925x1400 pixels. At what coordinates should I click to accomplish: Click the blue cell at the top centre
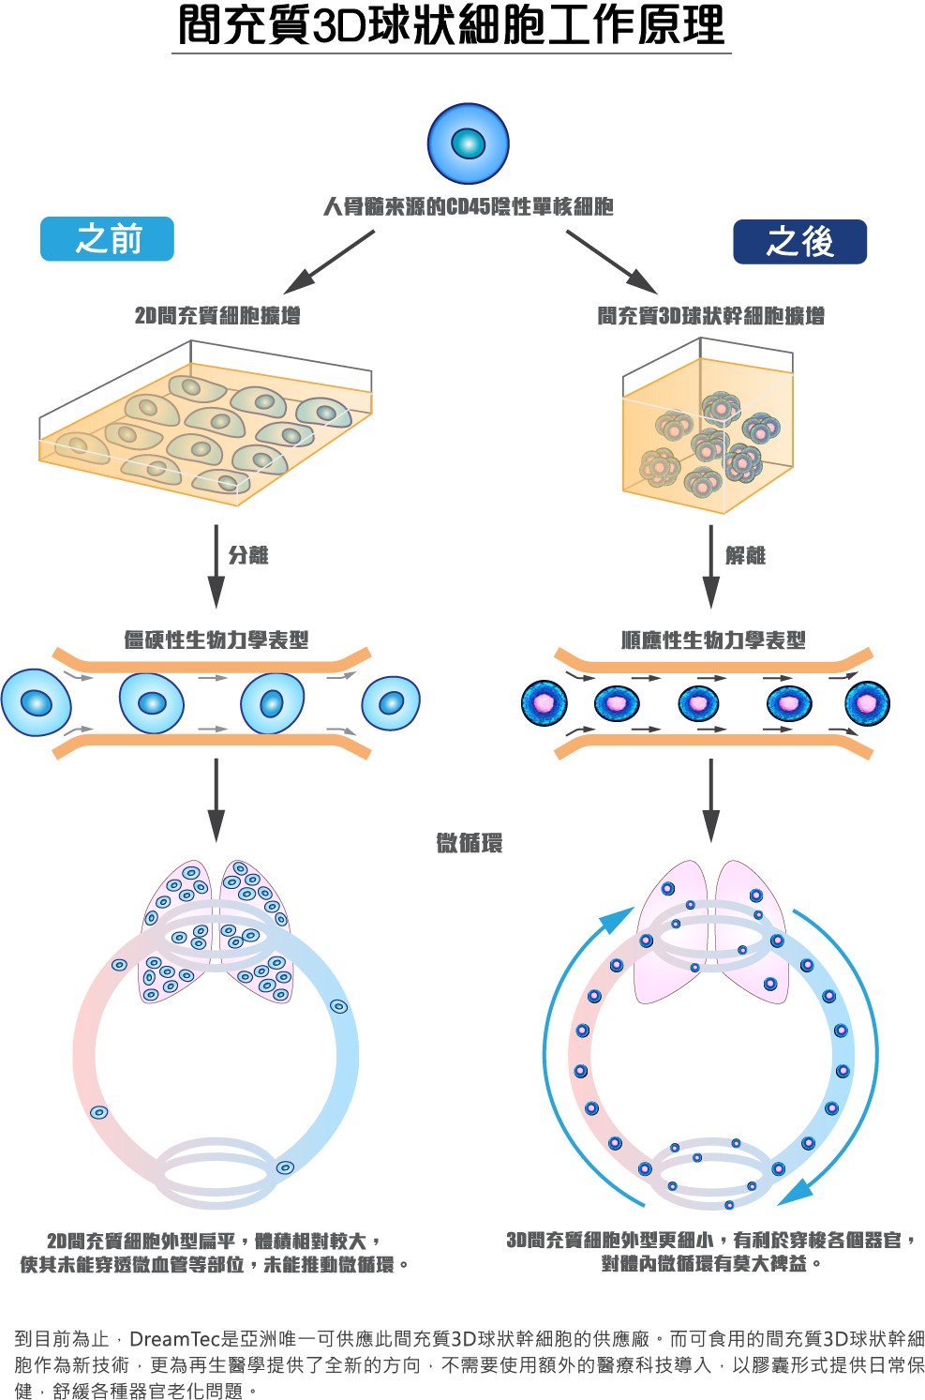point(468,143)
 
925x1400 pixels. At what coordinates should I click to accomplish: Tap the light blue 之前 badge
point(107,239)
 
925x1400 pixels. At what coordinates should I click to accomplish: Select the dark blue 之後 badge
point(799,242)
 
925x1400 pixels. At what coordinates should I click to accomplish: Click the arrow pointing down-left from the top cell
point(328,262)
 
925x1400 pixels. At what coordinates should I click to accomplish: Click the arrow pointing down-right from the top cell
point(611,262)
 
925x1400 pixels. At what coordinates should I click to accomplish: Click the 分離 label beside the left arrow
point(248,555)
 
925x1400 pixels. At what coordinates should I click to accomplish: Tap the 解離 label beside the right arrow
point(745,555)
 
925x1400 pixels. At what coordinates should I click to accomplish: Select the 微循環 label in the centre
point(470,843)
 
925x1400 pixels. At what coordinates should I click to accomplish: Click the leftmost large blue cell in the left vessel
point(37,702)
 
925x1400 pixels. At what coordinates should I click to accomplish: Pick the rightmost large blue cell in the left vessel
point(391,702)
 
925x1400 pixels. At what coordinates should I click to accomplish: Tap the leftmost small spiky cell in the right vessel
point(545,702)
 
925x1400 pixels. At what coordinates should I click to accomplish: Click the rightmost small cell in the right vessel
point(866,702)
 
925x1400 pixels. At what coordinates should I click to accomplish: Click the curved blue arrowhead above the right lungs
point(619,920)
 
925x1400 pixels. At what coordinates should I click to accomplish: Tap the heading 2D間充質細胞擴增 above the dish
point(217,315)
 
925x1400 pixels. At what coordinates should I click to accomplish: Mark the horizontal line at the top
point(451,53)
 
